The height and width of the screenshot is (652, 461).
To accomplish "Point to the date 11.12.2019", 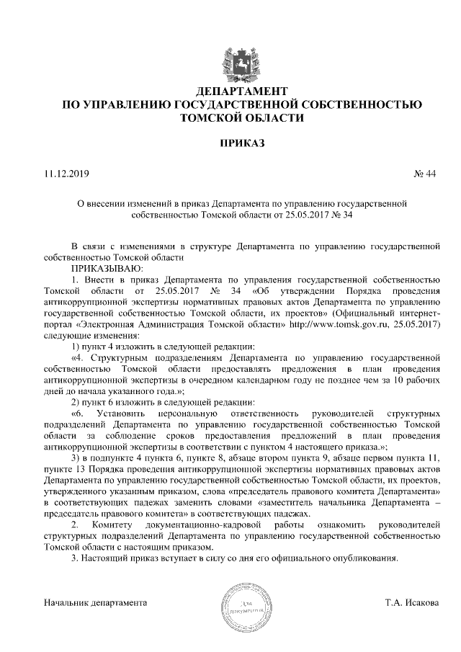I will tap(65, 174).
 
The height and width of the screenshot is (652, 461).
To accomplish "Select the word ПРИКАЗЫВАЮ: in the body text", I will tap(105, 267).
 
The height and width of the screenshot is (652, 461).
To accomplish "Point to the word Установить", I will tap(126, 414).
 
